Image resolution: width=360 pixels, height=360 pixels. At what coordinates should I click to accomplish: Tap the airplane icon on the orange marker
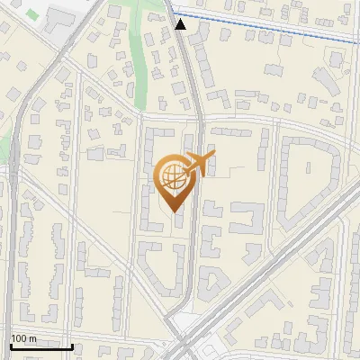click(197, 164)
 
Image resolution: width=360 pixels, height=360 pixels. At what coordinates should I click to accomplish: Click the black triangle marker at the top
click(181, 24)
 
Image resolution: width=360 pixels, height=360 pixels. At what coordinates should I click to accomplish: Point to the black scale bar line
click(41, 346)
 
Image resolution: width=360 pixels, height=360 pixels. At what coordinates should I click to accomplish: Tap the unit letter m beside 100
click(32, 338)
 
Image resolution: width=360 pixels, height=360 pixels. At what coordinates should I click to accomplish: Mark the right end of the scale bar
click(72, 346)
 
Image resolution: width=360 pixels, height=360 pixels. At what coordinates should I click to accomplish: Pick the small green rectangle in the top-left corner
click(33, 15)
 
